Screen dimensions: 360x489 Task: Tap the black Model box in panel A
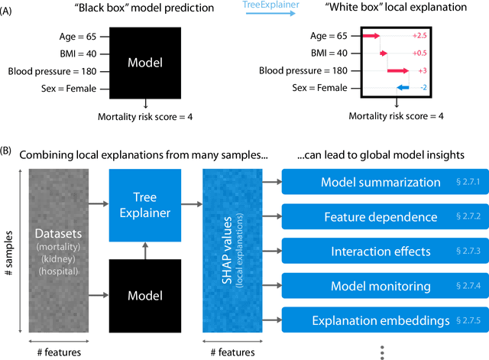tap(144, 62)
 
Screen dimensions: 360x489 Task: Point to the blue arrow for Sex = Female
tap(403, 88)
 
